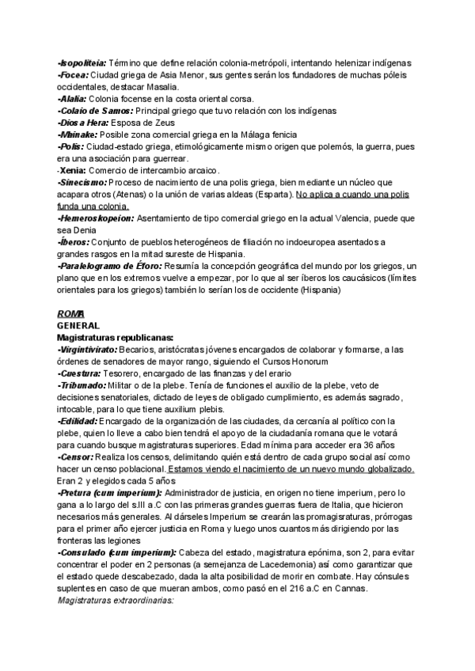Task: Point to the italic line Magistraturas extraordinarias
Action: click(116, 601)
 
